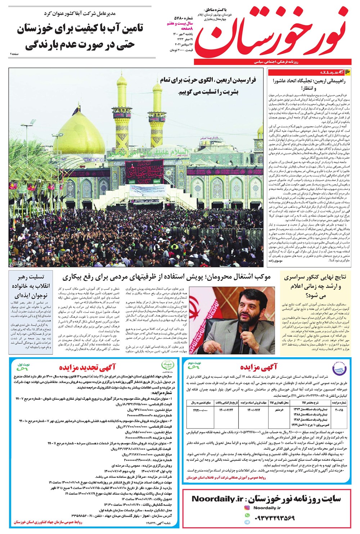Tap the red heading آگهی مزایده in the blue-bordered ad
259,367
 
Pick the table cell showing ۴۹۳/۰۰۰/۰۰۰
201,410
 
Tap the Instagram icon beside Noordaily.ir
247,508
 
